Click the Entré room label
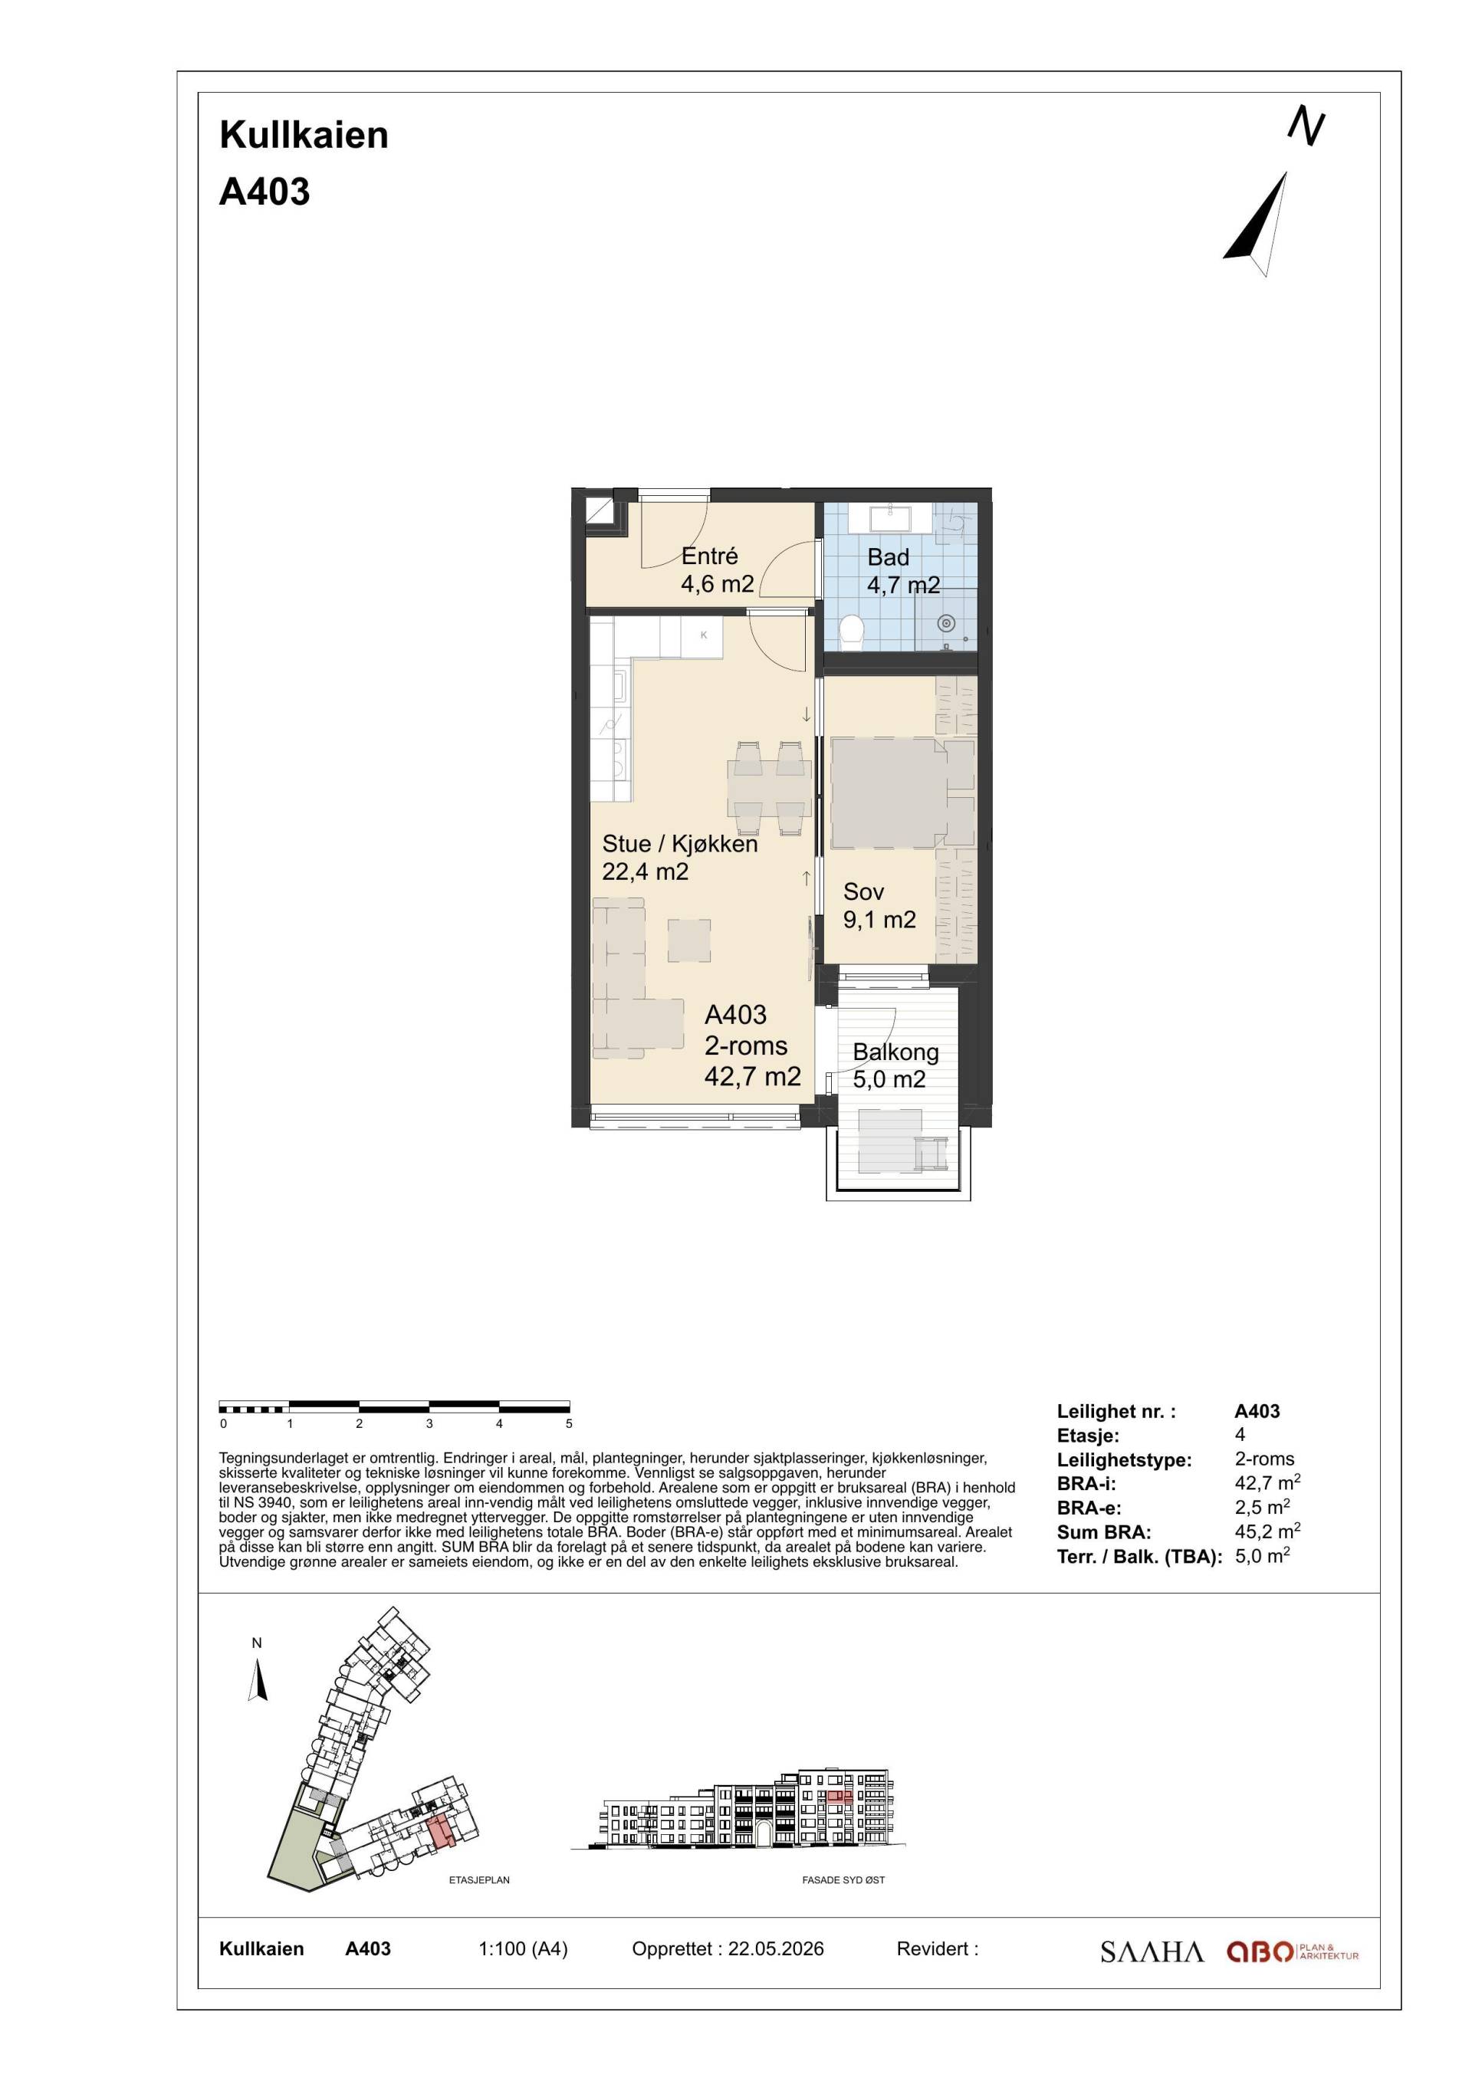[710, 556]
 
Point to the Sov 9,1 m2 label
[879, 905]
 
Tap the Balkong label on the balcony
[895, 1052]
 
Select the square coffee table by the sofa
[689, 940]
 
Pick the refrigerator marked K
[702, 636]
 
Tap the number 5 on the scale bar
[569, 1424]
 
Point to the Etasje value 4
[1240, 1435]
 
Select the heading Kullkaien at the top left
[304, 135]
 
